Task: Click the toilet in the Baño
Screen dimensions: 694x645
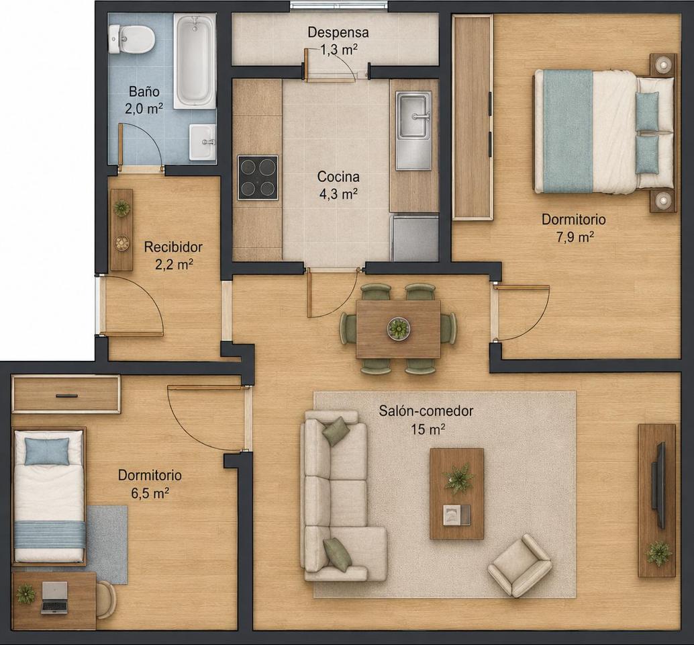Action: [132, 39]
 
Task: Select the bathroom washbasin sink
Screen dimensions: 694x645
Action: [203, 142]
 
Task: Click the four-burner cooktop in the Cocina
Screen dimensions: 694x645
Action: [258, 177]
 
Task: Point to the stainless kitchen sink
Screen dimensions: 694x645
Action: [413, 130]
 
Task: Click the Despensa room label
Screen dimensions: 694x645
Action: [338, 32]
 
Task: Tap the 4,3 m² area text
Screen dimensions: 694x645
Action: [338, 193]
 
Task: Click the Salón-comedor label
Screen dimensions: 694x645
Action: [426, 411]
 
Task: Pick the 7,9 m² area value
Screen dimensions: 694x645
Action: [575, 237]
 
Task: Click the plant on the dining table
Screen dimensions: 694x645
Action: [398, 329]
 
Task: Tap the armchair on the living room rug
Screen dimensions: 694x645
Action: [519, 565]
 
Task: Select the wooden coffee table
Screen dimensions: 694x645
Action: [457, 494]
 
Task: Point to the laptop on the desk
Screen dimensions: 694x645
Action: [54, 597]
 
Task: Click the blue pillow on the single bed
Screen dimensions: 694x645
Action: [47, 451]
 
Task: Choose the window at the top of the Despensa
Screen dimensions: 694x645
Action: [339, 5]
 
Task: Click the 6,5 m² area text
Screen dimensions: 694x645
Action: [150, 493]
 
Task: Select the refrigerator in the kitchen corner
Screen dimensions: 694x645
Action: [414, 238]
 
